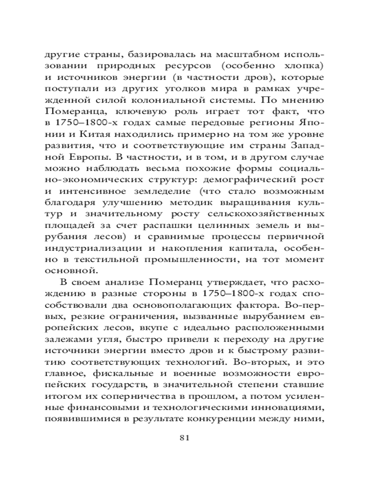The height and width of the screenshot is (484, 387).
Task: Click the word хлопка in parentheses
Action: pyautogui.click(x=306, y=65)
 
